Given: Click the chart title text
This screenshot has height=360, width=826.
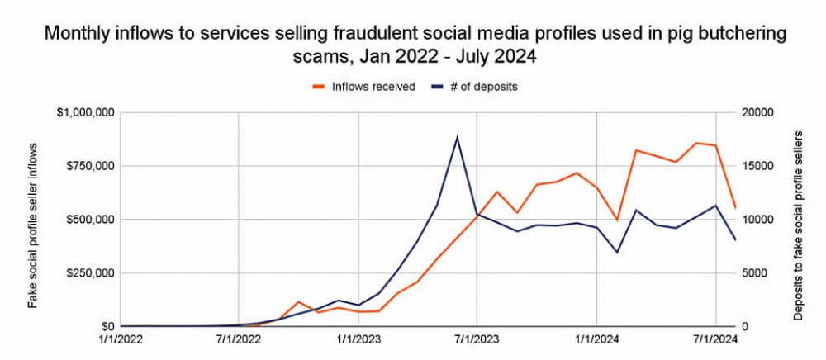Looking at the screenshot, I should coord(413,45).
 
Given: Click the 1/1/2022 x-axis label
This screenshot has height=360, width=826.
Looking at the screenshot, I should coord(120,339).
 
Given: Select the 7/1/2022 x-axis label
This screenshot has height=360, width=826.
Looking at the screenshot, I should coord(239,339).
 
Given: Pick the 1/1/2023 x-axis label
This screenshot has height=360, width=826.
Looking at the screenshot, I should coord(358,339).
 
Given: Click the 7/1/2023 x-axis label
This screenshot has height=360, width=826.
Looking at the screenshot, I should coord(477,339).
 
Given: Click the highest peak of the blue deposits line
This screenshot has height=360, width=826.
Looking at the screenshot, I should coord(458,137).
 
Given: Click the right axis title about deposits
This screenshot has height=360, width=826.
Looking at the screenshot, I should coord(799,220).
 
